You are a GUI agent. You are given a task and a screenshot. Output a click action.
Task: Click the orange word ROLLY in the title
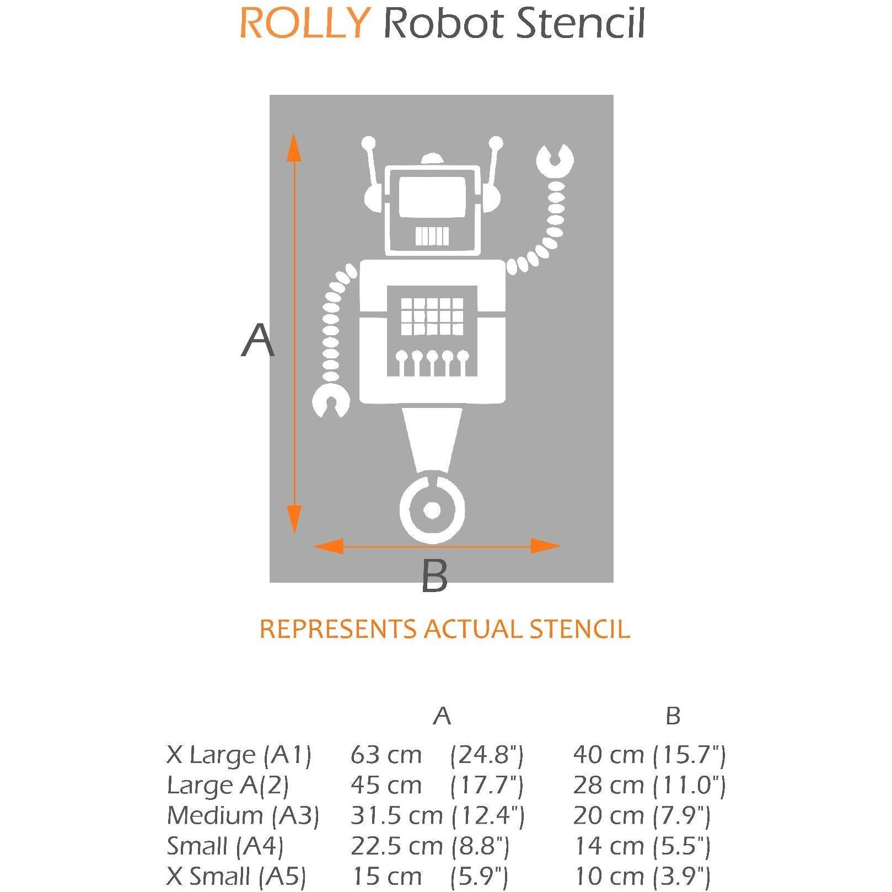304,24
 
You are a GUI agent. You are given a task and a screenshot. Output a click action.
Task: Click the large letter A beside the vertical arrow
257,340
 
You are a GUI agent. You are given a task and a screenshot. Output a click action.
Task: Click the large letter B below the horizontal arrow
434,577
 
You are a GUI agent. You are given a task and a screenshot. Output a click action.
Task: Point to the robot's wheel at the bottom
432,511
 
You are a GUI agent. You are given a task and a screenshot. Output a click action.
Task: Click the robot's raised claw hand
555,161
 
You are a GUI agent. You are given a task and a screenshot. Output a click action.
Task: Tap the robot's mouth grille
432,236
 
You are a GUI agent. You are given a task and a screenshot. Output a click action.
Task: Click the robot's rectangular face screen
432,197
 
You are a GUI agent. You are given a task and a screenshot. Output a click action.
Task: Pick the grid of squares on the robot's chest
432,316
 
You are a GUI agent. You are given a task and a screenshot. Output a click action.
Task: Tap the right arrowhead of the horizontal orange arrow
545,546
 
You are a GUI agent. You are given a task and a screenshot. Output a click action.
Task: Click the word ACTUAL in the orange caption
475,629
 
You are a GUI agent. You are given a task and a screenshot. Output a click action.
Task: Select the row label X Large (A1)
239,755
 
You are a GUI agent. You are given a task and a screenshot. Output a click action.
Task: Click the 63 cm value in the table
386,755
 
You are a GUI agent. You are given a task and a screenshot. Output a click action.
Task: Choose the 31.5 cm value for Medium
396,815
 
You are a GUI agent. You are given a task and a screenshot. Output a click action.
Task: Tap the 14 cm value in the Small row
609,846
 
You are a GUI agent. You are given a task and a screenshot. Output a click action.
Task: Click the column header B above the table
673,716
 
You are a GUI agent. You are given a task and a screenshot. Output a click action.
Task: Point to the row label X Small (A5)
236,876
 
